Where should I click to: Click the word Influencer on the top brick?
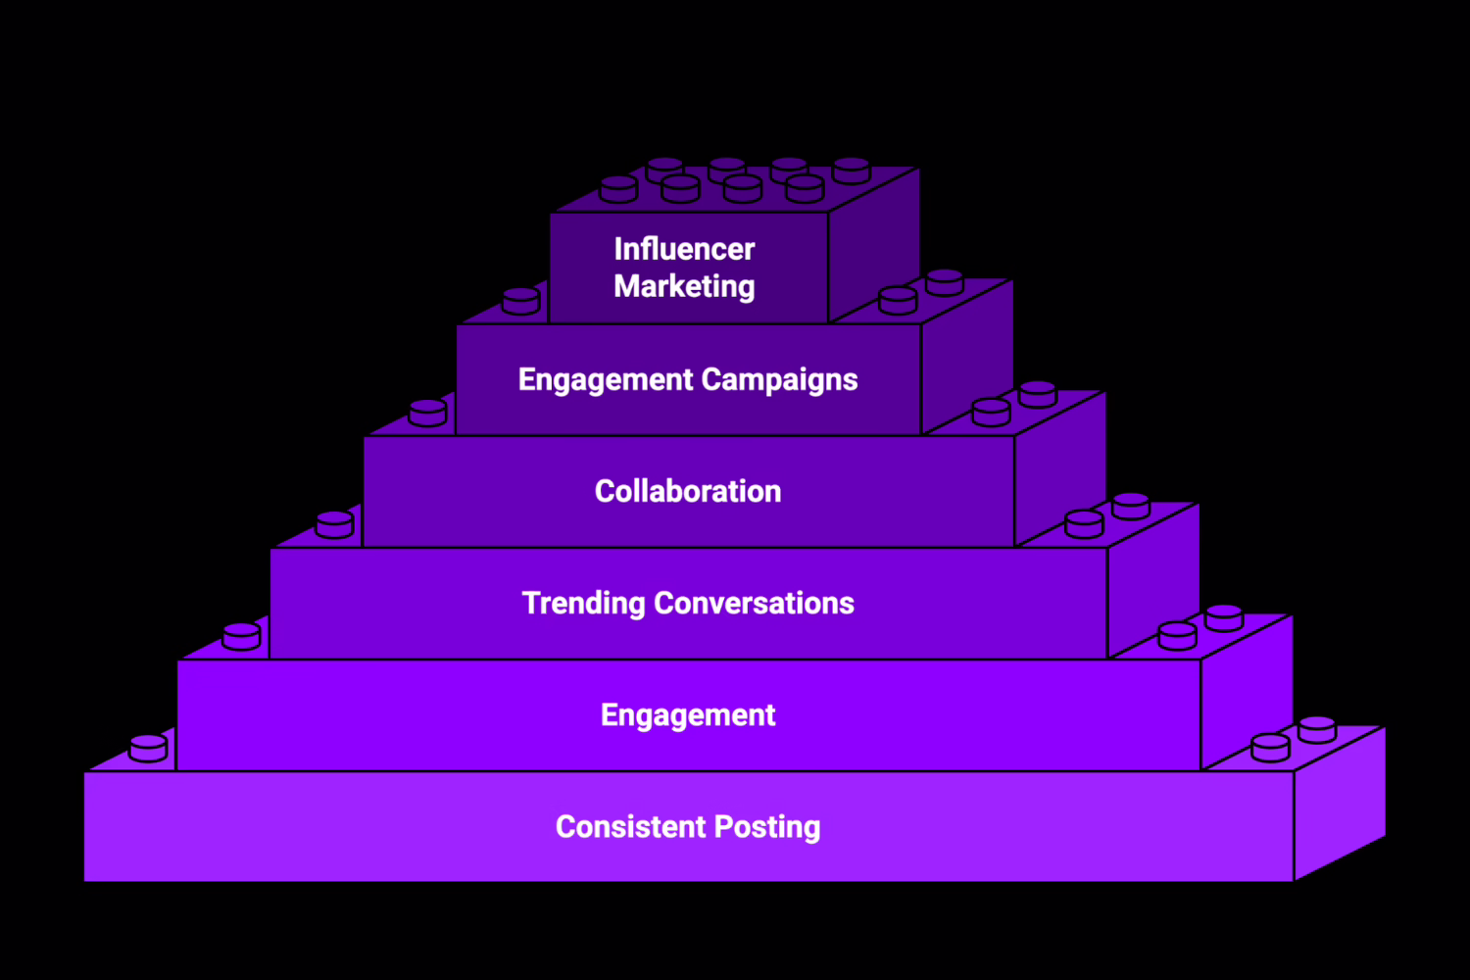(x=684, y=249)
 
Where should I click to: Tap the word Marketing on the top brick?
(x=684, y=286)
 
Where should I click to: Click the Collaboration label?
(x=688, y=491)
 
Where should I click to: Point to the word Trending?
(x=583, y=604)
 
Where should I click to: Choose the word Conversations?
(x=754, y=603)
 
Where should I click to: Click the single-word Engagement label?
(x=688, y=715)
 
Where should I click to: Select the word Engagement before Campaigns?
(x=605, y=380)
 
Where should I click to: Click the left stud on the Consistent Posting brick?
(x=148, y=749)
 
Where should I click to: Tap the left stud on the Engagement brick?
(x=241, y=637)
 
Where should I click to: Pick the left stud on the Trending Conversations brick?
(x=334, y=525)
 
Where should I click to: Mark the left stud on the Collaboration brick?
(x=427, y=413)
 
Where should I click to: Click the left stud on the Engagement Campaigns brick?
(x=520, y=301)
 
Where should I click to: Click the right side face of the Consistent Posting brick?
(x=1340, y=804)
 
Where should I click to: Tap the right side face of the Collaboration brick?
(x=1060, y=468)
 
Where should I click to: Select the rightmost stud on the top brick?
(x=851, y=171)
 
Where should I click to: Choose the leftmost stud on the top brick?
(x=618, y=189)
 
